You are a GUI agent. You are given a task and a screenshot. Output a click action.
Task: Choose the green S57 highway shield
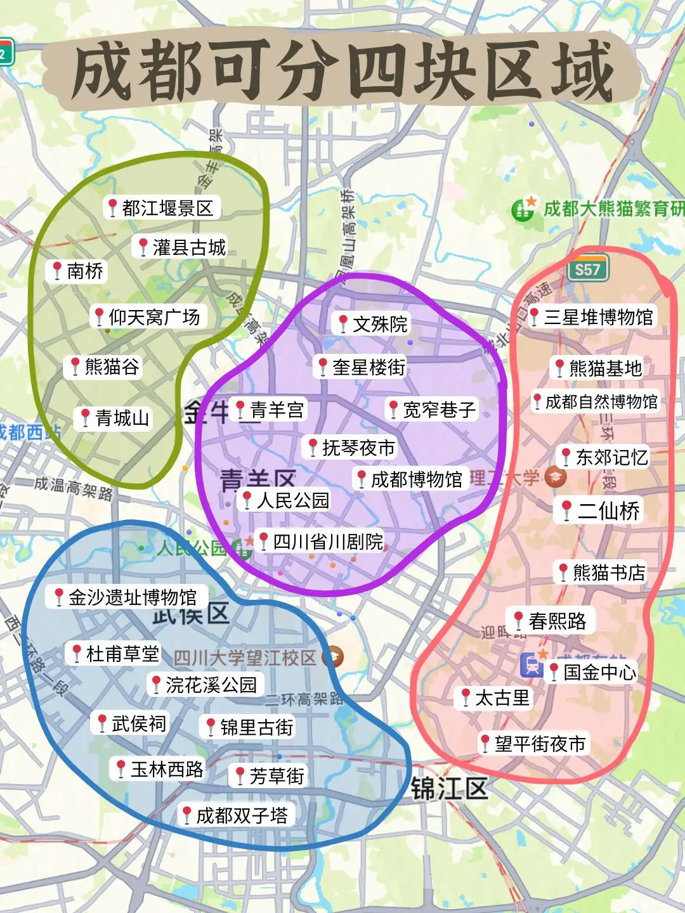[x=587, y=269]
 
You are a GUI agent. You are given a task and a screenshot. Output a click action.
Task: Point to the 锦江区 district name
[x=449, y=789]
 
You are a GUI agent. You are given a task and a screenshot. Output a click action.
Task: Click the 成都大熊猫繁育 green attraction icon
[x=523, y=209]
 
